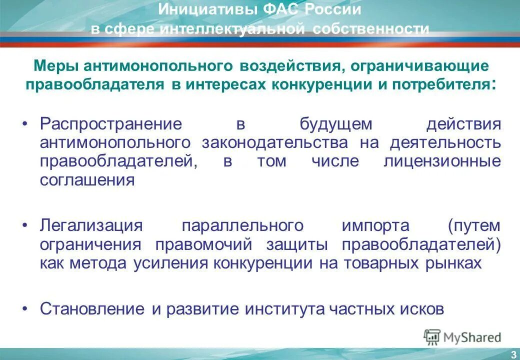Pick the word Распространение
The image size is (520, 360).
pyautogui.click(x=110, y=124)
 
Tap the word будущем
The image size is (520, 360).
pyautogui.click(x=336, y=124)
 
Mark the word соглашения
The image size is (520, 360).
pyautogui.click(x=87, y=180)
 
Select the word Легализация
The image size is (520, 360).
pyautogui.click(x=91, y=225)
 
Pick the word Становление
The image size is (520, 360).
pyautogui.click(x=93, y=308)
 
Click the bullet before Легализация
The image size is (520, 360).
pyautogui.click(x=25, y=225)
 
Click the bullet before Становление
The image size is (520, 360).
pyautogui.click(x=25, y=308)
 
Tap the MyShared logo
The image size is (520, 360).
pyautogui.click(x=462, y=337)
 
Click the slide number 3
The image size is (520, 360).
pyautogui.click(x=513, y=354)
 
